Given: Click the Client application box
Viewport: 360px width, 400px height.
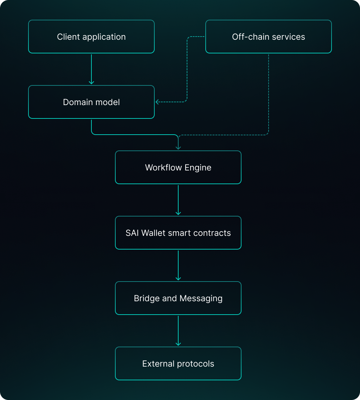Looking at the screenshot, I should pos(91,37).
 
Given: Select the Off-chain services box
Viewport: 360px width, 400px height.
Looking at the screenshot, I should pos(268,37).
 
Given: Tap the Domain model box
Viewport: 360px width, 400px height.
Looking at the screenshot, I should pos(91,102).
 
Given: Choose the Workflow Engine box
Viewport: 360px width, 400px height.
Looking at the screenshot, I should pos(178,167).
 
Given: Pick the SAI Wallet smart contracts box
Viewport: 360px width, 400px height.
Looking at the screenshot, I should pos(178,233).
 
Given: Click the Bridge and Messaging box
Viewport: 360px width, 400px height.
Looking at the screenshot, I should pos(178,298).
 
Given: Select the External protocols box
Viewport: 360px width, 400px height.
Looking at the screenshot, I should pos(178,363).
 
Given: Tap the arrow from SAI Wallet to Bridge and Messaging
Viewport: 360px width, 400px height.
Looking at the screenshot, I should pos(178,265).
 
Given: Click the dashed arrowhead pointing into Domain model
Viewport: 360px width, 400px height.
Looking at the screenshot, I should pos(157,102).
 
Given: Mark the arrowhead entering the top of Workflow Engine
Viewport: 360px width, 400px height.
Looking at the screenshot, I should pos(178,148).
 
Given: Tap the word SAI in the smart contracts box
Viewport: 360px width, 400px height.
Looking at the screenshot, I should pos(132,233).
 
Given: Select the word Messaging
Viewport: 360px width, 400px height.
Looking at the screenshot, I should pos(201,298).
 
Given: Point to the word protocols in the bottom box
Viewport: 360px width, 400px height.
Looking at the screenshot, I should pos(196,364).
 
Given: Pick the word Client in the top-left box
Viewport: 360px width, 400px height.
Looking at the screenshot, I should pos(66,37).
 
